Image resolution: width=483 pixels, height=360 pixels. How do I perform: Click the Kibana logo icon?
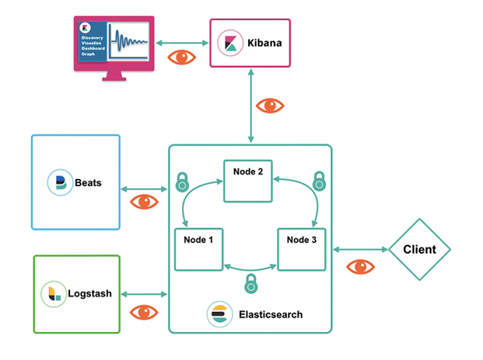[229, 43]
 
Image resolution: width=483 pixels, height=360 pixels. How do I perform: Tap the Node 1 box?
[199, 249]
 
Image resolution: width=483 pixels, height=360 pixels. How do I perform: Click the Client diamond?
[419, 250]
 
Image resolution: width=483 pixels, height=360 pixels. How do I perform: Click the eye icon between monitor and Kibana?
[180, 57]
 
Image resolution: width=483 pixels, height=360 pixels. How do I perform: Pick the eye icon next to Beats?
[145, 201]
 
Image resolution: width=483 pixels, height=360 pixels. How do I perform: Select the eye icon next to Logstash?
[145, 312]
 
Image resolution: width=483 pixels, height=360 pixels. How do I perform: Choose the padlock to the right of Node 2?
[319, 178]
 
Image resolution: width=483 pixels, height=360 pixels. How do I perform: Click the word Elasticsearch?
[271, 314]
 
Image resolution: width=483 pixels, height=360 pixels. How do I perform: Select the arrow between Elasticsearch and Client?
[360, 249]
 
